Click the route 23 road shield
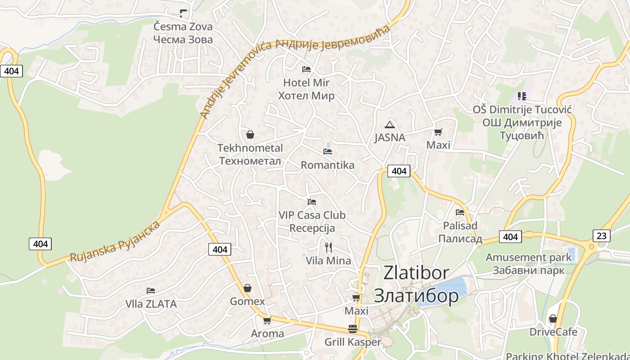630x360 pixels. click(602, 235)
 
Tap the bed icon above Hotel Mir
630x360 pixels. click(306, 69)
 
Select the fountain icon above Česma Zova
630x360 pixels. click(183, 13)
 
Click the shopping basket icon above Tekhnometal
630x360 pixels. click(250, 135)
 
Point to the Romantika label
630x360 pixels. click(328, 165)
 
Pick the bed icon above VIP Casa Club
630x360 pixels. click(312, 202)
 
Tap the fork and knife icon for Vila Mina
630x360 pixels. click(328, 247)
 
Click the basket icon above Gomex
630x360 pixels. click(247, 288)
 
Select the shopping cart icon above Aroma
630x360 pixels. click(267, 320)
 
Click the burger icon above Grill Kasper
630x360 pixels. click(353, 329)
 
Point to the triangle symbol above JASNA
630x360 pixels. click(390, 125)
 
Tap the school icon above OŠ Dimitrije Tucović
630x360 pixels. click(522, 96)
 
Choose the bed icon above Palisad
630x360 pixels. click(460, 212)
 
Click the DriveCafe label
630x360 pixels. click(553, 332)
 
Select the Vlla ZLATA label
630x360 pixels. click(151, 304)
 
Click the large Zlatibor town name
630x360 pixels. click(416, 284)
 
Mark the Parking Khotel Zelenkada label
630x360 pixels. click(567, 355)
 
